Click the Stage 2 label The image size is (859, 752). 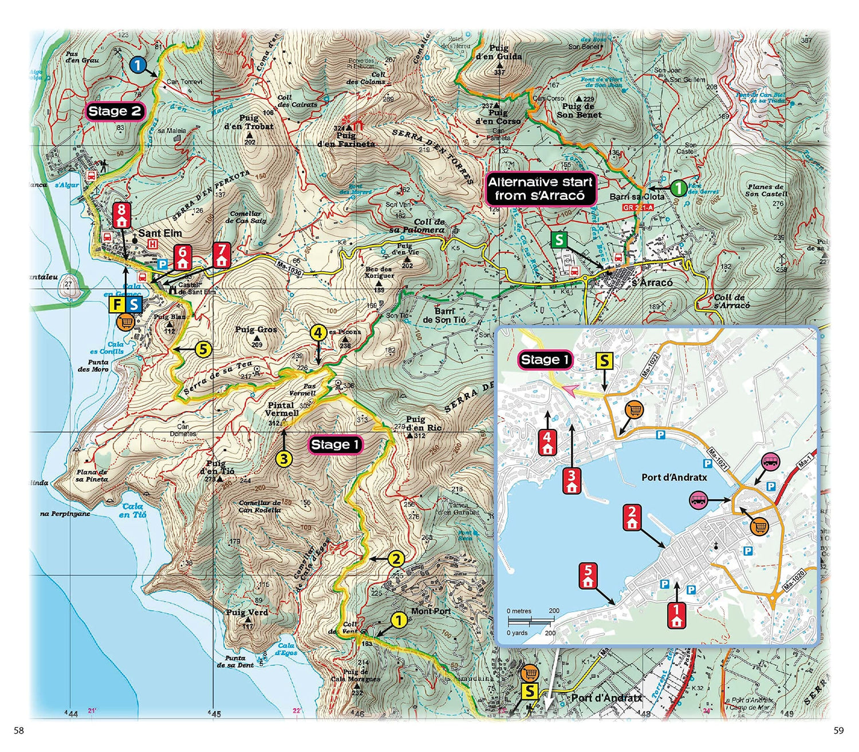coord(115,111)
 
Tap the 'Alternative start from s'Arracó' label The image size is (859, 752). coord(539,188)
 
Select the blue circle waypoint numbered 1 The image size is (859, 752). coord(137,65)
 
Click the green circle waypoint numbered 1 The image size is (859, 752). coord(678,187)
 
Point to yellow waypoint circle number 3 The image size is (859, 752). coord(284,458)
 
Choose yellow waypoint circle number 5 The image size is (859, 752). coord(203,349)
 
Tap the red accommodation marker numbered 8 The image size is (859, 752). coord(121,215)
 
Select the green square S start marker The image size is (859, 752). coord(558,239)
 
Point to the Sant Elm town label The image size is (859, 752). coord(160,233)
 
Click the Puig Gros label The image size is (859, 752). coord(256,330)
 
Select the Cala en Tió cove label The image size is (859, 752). coord(132,510)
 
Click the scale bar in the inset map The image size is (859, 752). coord(532,621)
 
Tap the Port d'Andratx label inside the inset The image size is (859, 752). coord(674,477)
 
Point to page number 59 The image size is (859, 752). coord(838,731)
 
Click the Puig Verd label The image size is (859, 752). coord(247,612)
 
